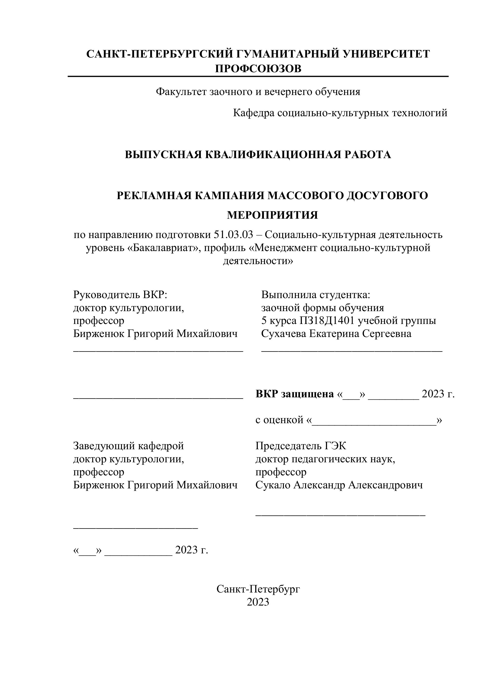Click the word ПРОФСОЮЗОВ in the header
(258, 69)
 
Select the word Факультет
(181, 92)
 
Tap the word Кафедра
(253, 113)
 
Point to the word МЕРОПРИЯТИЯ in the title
(272, 215)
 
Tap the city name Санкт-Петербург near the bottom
(258, 589)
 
